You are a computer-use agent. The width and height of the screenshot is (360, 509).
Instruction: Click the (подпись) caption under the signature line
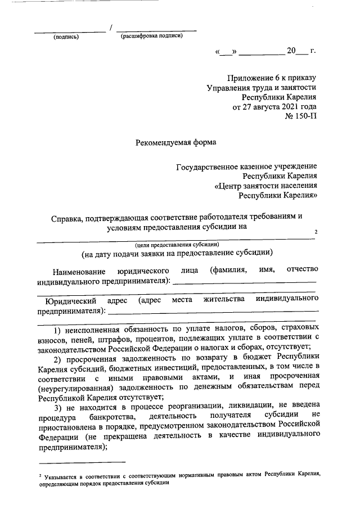pyautogui.click(x=66, y=37)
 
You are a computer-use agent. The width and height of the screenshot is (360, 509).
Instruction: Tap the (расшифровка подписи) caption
pyautogui.click(x=152, y=37)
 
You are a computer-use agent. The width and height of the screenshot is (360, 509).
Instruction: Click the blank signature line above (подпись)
pyautogui.click(x=70, y=30)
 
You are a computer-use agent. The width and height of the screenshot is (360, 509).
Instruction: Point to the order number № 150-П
pyautogui.click(x=301, y=117)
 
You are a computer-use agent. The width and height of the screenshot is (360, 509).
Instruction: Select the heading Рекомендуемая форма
pyautogui.click(x=176, y=142)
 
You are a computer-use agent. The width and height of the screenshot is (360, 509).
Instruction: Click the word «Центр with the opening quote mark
pyautogui.click(x=229, y=186)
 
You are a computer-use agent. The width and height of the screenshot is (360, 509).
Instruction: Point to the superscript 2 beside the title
pyautogui.click(x=316, y=232)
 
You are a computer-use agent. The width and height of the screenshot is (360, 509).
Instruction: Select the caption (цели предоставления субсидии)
pyautogui.click(x=176, y=244)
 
